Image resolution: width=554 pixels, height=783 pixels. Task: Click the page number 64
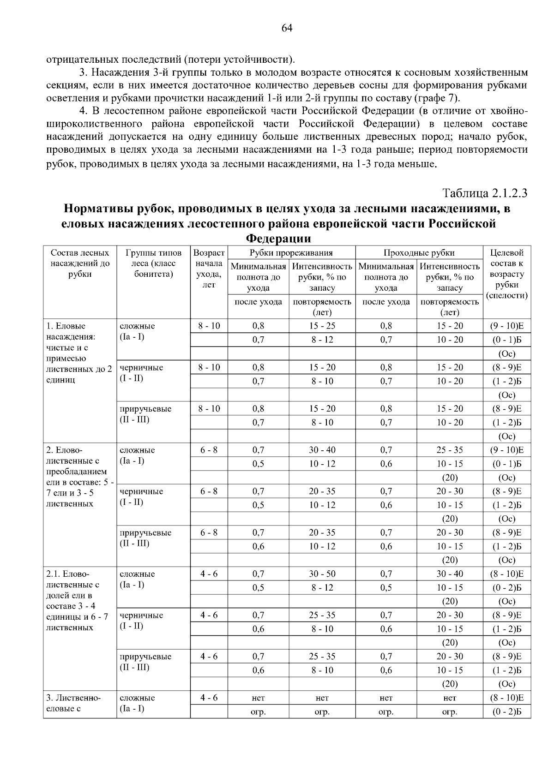pyautogui.click(x=287, y=28)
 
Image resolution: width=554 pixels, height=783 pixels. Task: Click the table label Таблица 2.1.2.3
pyautogui.click(x=485, y=193)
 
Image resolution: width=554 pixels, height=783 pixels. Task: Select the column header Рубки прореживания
pyautogui.click(x=291, y=252)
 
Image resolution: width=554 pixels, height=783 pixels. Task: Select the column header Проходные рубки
pyautogui.click(x=419, y=252)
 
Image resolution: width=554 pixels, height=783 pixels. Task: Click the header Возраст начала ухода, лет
pyautogui.click(x=209, y=269)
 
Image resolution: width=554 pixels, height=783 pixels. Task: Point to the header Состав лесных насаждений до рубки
pyautogui.click(x=80, y=263)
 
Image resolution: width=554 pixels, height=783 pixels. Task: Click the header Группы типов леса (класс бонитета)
pyautogui.click(x=153, y=263)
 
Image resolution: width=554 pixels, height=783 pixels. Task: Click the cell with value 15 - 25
pyautogui.click(x=322, y=326)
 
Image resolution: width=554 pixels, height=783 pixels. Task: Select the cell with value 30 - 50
pyautogui.click(x=322, y=574)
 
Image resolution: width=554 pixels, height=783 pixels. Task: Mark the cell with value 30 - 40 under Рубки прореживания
pyautogui.click(x=322, y=450)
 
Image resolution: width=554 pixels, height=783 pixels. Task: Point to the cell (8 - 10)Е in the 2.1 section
pyautogui.click(x=506, y=574)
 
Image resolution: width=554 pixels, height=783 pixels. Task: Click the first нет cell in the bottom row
pyautogui.click(x=258, y=698)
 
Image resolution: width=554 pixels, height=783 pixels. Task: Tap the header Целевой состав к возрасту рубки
pyautogui.click(x=507, y=274)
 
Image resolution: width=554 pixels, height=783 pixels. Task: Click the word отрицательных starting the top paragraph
pyautogui.click(x=83, y=60)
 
